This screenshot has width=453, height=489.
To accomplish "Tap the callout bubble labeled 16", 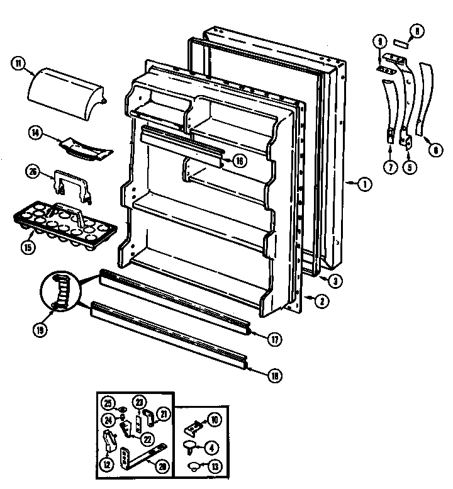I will [238, 160].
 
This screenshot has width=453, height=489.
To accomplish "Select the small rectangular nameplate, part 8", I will [401, 45].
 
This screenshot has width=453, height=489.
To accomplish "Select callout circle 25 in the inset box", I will [108, 403].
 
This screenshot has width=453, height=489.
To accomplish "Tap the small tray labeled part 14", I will [85, 146].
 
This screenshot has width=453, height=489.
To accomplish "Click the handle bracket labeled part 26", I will [71, 183].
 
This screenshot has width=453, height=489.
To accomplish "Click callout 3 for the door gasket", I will [337, 281].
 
